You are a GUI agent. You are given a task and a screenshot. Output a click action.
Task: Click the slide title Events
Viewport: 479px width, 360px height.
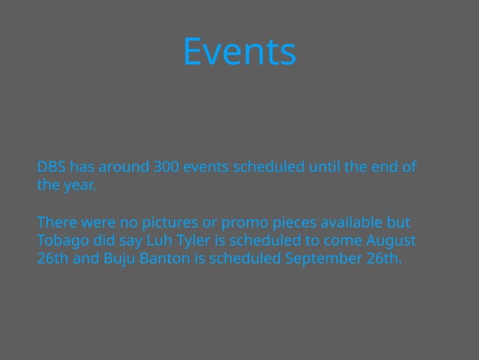click(x=239, y=52)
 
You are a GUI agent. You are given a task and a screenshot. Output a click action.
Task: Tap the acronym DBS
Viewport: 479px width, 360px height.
click(x=52, y=166)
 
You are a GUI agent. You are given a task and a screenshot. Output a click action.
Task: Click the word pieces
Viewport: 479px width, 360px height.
click(x=293, y=223)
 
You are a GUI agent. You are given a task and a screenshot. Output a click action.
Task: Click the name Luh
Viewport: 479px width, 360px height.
click(x=160, y=241)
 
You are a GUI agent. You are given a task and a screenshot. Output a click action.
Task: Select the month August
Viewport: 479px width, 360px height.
click(x=390, y=241)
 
